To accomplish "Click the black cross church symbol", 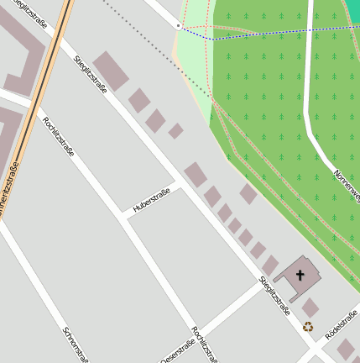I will (x=300, y=275).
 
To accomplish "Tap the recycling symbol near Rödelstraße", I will (x=308, y=327).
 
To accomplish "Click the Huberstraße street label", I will (x=151, y=200).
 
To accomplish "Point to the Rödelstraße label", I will (x=342, y=323).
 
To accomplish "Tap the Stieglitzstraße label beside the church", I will (x=274, y=295).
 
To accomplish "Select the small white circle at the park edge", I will (x=179, y=26).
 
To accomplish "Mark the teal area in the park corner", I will (x=352, y=13).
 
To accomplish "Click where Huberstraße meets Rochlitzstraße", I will (x=125, y=218).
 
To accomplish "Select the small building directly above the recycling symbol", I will (x=310, y=308).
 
